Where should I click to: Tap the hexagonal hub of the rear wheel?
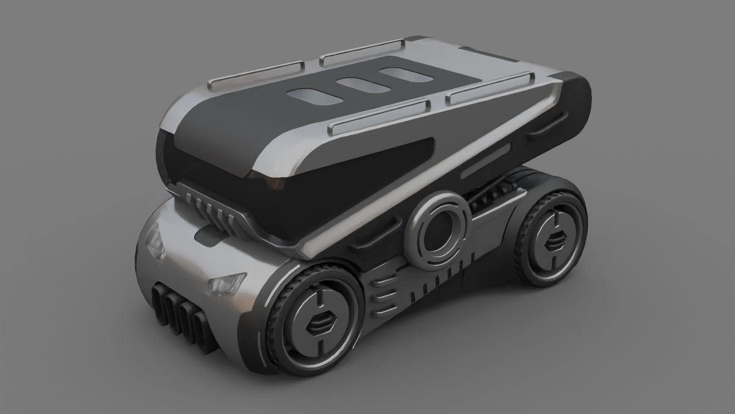click(555, 241)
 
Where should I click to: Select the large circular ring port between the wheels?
click(438, 230)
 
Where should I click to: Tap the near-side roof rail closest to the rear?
click(489, 87)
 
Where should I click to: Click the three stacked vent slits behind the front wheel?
click(384, 295)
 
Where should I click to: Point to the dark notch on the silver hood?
click(206, 236)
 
